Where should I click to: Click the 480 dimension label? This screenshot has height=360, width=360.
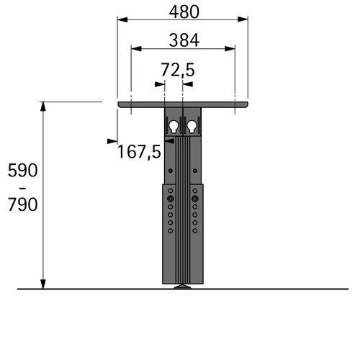(184, 12)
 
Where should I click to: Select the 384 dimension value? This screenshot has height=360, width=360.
(184, 40)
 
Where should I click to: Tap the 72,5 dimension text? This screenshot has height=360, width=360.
(177, 70)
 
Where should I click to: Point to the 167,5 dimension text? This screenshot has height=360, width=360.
(139, 151)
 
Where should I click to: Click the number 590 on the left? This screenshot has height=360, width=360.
(23, 170)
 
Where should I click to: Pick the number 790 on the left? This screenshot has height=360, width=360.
(23, 204)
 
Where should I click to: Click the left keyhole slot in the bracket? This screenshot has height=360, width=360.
(174, 126)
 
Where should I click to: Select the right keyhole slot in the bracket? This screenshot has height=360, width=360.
(192, 126)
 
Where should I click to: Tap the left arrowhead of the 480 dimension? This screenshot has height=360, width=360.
(122, 19)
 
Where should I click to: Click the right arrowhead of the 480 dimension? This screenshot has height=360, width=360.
(243, 19)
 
